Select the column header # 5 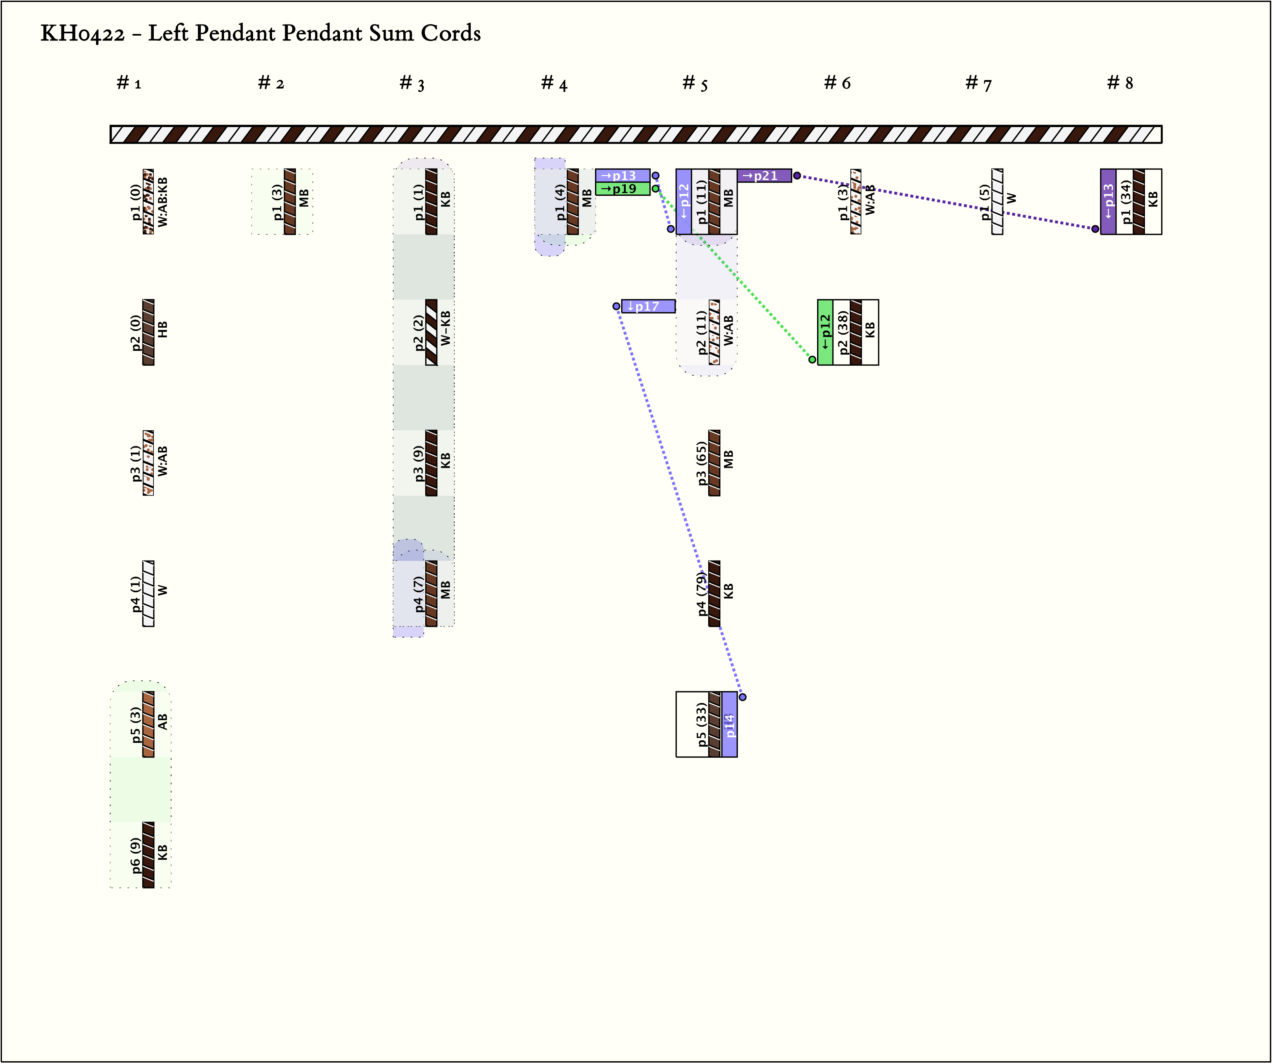[695, 83]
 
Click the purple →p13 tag [622, 175]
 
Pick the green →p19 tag [622, 188]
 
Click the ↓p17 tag [648, 306]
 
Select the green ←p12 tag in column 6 [825, 332]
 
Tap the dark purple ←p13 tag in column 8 [1108, 201]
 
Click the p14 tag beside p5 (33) [729, 724]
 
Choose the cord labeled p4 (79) [714, 593]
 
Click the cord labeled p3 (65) [714, 463]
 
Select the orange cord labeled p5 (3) [148, 724]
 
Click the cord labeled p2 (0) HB [148, 332]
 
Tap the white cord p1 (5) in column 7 [997, 201]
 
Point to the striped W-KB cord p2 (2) [431, 332]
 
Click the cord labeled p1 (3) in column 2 [290, 201]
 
